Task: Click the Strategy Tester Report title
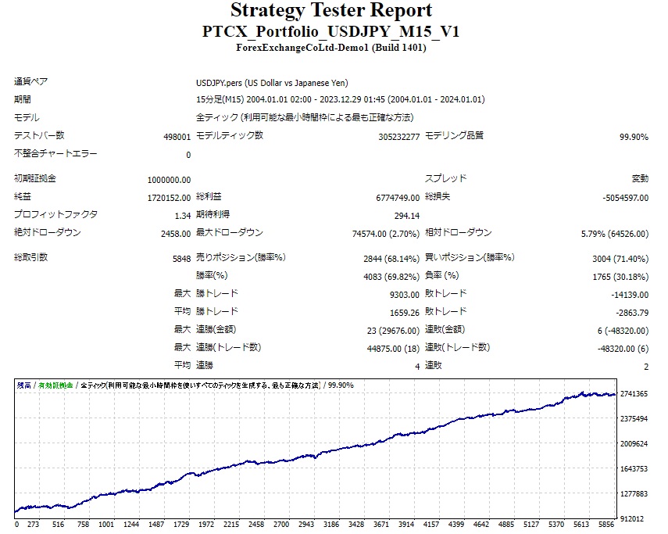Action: [330, 11]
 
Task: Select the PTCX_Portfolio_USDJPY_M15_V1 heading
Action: [330, 32]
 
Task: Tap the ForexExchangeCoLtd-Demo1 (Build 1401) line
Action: [330, 48]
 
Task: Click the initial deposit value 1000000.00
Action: [169, 179]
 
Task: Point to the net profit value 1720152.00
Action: [169, 198]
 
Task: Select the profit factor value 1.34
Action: [183, 215]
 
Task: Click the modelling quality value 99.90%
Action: [634, 137]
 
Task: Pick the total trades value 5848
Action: [180, 258]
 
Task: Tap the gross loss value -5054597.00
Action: [625, 198]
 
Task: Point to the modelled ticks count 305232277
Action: [398, 137]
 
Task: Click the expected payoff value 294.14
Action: [406, 215]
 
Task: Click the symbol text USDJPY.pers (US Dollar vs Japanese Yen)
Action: [272, 83]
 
